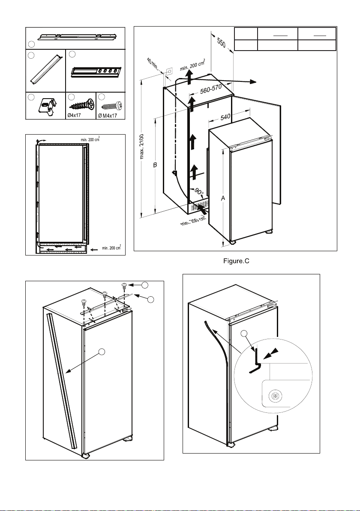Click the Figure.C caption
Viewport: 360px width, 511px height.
(235, 262)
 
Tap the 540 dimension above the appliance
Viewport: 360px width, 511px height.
(226, 117)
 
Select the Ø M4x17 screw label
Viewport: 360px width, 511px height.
(110, 114)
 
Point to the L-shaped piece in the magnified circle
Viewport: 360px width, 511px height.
(256, 361)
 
